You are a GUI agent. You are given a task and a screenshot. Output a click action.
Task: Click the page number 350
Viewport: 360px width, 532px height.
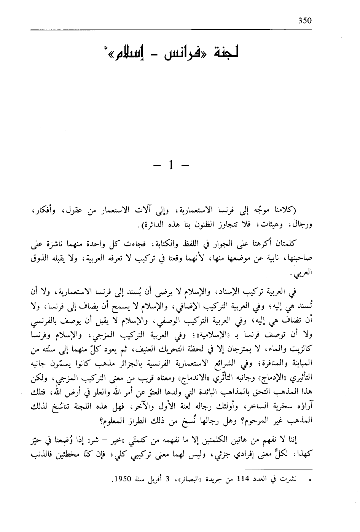click(x=305, y=21)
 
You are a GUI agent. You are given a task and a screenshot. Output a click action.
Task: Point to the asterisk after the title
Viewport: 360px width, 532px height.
click(x=105, y=49)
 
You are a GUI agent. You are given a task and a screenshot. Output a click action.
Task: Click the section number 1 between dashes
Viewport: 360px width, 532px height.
click(x=171, y=165)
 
